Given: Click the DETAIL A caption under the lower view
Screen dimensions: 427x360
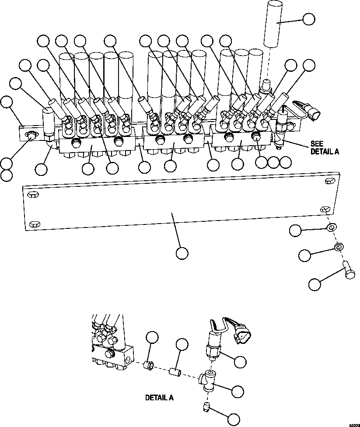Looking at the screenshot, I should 159,398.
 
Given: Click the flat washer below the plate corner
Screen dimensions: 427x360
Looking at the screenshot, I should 331,227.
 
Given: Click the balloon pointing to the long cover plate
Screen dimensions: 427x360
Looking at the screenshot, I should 182,252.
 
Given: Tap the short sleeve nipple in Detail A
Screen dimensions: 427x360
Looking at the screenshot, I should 175,372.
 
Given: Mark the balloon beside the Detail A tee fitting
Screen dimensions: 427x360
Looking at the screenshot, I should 238,392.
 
